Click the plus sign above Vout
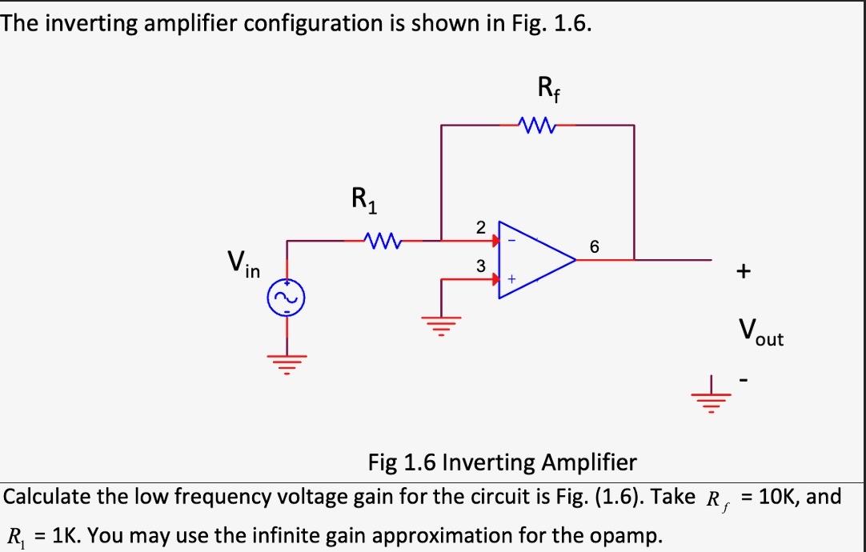[x=744, y=272]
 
